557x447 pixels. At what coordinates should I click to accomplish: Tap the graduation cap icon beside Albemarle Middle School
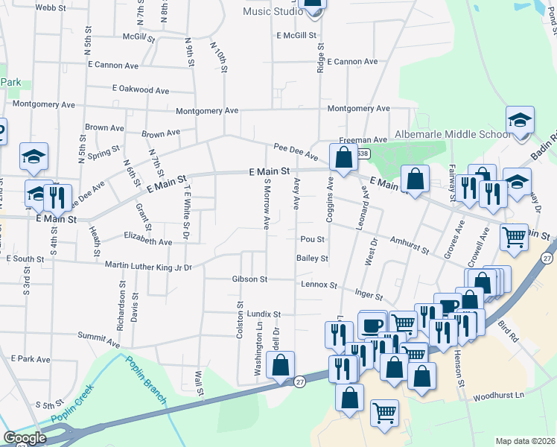click(x=520, y=121)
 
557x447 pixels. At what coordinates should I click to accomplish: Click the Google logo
click(x=25, y=439)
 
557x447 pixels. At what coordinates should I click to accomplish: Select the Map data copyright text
click(x=525, y=441)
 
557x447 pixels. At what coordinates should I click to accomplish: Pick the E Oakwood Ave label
click(x=141, y=89)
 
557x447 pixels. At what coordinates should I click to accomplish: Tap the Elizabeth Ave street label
click(x=148, y=241)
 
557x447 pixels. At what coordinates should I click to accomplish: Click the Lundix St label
click(x=264, y=314)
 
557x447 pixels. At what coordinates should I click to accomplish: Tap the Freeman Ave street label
click(x=363, y=139)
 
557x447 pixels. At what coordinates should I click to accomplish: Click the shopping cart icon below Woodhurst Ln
click(x=384, y=413)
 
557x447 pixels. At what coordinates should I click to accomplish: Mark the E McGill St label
click(x=296, y=35)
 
